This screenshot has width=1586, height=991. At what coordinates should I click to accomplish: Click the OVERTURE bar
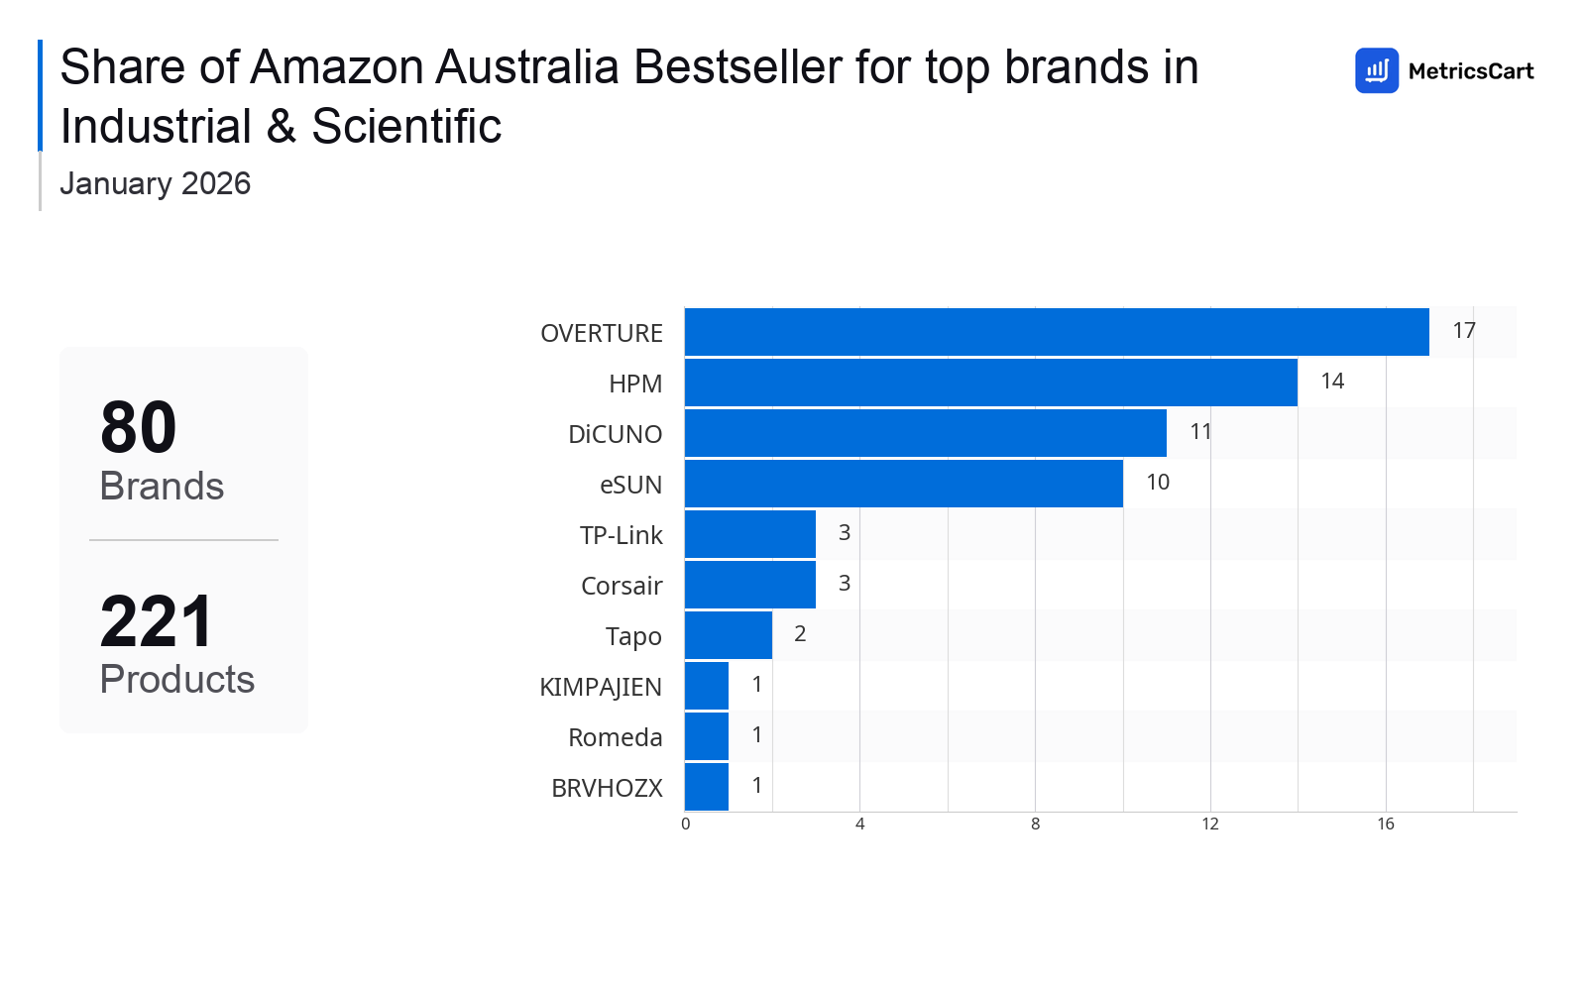[1057, 332]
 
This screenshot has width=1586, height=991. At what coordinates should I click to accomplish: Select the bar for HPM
[991, 383]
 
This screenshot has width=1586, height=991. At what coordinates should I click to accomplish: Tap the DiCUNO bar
[926, 433]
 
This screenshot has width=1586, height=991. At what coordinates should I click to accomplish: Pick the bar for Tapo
[729, 635]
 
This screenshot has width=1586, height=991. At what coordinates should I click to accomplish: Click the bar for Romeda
[707, 736]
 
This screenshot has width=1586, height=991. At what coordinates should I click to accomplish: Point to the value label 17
[1464, 331]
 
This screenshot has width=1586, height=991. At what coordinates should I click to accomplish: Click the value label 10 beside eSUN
[1158, 483]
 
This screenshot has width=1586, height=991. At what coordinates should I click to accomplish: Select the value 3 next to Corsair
[845, 584]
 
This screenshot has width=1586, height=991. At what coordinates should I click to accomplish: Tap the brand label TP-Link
[622, 535]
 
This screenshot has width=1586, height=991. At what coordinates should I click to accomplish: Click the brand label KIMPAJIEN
[601, 687]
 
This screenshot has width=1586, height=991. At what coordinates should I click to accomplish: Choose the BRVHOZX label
[607, 788]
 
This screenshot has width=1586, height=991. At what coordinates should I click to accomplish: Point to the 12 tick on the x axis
[1210, 825]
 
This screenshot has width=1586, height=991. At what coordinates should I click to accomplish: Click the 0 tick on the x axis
[686, 825]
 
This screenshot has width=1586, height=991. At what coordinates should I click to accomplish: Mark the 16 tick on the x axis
[1386, 825]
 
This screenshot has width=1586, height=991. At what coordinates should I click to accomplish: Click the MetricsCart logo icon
[1377, 70]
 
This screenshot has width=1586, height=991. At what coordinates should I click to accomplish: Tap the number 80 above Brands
[139, 428]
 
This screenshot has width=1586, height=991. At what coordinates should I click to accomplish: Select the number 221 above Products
[157, 622]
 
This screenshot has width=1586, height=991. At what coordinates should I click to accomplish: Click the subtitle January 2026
[156, 184]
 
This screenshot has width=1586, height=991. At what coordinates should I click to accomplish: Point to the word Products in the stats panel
[177, 680]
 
